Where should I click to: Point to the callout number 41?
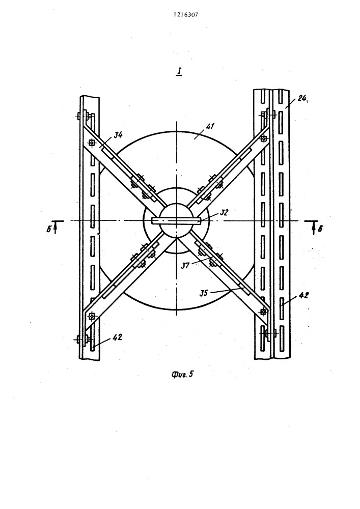tap(211, 127)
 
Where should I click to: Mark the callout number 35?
tap(204, 293)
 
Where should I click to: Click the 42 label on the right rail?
tap(304, 295)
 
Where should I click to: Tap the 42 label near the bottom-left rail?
tap(117, 337)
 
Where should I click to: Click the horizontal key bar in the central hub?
tap(177, 220)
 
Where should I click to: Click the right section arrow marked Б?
tap(314, 227)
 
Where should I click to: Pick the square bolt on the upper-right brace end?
tap(264, 138)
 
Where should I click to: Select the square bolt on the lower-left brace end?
tap(92, 316)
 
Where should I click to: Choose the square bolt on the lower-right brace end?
tap(263, 312)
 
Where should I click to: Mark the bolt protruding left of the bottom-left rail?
tap(78, 340)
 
